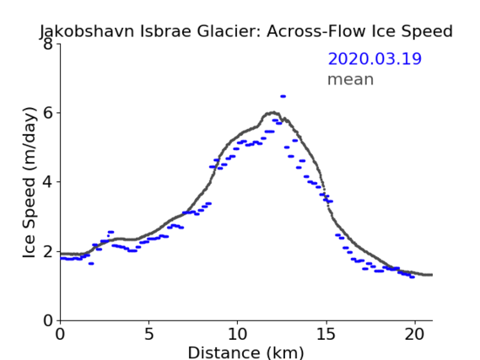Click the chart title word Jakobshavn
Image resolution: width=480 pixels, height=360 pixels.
pyautogui.click(x=87, y=31)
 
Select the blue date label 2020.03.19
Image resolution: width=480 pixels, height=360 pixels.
pyautogui.click(x=375, y=59)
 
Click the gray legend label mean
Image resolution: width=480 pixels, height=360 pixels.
pyautogui.click(x=351, y=79)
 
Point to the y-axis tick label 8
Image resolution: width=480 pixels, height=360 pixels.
pyautogui.click(x=48, y=44)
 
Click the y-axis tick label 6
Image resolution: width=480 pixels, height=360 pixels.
pyautogui.click(x=48, y=113)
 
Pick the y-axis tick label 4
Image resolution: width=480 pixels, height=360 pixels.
pyautogui.click(x=48, y=182)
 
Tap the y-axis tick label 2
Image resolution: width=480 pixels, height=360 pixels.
pyautogui.click(x=48, y=251)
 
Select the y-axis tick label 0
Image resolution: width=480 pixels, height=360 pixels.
pyautogui.click(x=48, y=321)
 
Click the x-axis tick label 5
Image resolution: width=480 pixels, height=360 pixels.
pyautogui.click(x=148, y=335)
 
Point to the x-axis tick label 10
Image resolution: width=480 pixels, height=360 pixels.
pyautogui.click(x=237, y=335)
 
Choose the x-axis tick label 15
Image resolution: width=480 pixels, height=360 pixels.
pyautogui.click(x=326, y=335)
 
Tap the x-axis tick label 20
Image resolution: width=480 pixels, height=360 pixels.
pyautogui.click(x=414, y=335)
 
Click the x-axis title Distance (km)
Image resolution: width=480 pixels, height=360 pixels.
pyautogui.click(x=245, y=352)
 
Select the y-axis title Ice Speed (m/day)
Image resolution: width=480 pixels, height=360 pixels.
pyautogui.click(x=30, y=182)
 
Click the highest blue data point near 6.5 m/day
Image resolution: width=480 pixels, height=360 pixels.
pyautogui.click(x=283, y=96)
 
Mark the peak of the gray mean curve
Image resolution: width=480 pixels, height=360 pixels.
pyautogui.click(x=273, y=112)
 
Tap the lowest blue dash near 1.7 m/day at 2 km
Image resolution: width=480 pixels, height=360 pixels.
pyautogui.click(x=91, y=263)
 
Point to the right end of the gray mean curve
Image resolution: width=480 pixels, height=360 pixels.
pyautogui.click(x=432, y=275)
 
